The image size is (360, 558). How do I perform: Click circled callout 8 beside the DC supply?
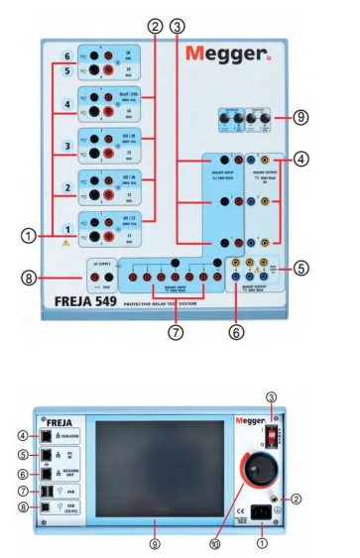point(31,279)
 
